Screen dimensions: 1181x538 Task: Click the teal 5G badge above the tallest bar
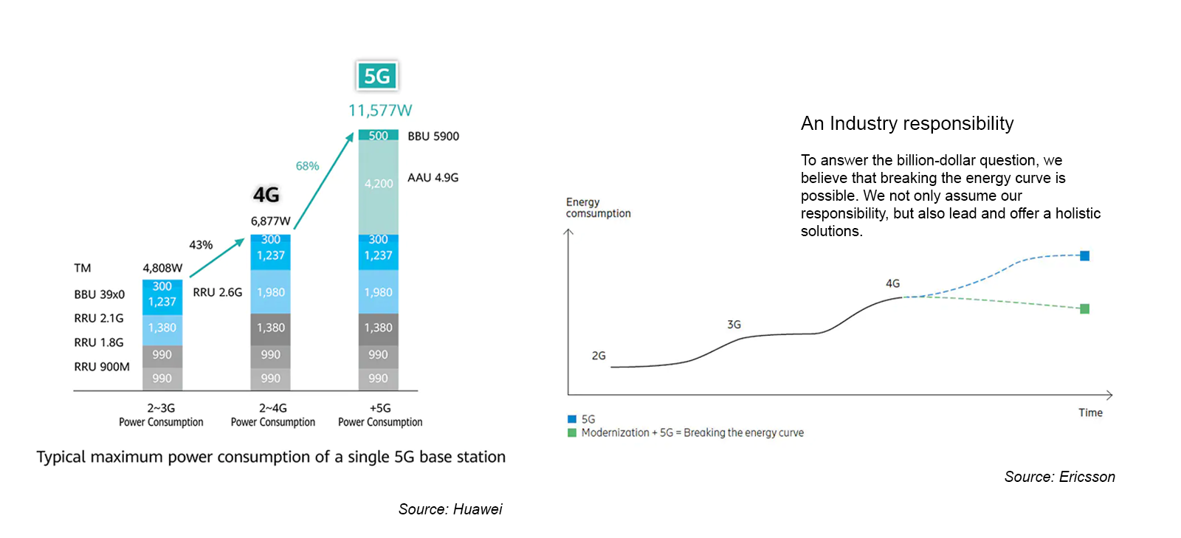[377, 76]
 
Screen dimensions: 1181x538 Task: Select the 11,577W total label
[380, 111]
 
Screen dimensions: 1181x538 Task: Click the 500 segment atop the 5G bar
[379, 135]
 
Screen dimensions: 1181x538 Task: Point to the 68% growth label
[307, 166]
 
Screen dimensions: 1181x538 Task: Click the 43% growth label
[201, 245]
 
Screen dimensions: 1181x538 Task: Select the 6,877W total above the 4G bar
[270, 221]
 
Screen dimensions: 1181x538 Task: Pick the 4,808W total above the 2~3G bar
[162, 268]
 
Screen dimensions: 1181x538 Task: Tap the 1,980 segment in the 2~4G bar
[270, 292]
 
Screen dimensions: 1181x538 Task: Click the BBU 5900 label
[433, 137]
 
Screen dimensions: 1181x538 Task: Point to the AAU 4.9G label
[433, 178]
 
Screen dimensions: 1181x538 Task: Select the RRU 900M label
[102, 367]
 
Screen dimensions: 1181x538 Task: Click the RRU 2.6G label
[217, 292]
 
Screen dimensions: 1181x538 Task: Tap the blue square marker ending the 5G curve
[1084, 256]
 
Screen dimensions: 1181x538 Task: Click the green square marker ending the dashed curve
[1084, 308]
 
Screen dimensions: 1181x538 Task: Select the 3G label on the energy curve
[734, 325]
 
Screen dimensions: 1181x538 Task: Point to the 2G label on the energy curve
[599, 356]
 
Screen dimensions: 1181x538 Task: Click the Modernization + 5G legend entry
[686, 433]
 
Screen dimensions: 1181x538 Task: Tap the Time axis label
[1090, 413]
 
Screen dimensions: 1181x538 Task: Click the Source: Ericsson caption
[1060, 477]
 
